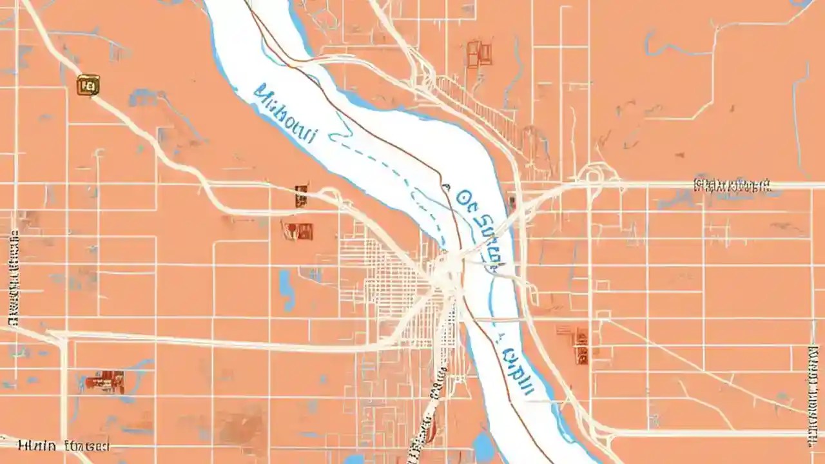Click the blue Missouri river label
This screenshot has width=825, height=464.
286,116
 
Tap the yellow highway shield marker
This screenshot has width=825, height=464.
88,84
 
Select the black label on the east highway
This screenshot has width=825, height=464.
732,185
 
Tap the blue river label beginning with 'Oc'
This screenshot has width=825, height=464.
480,219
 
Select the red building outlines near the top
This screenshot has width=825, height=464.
479,53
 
